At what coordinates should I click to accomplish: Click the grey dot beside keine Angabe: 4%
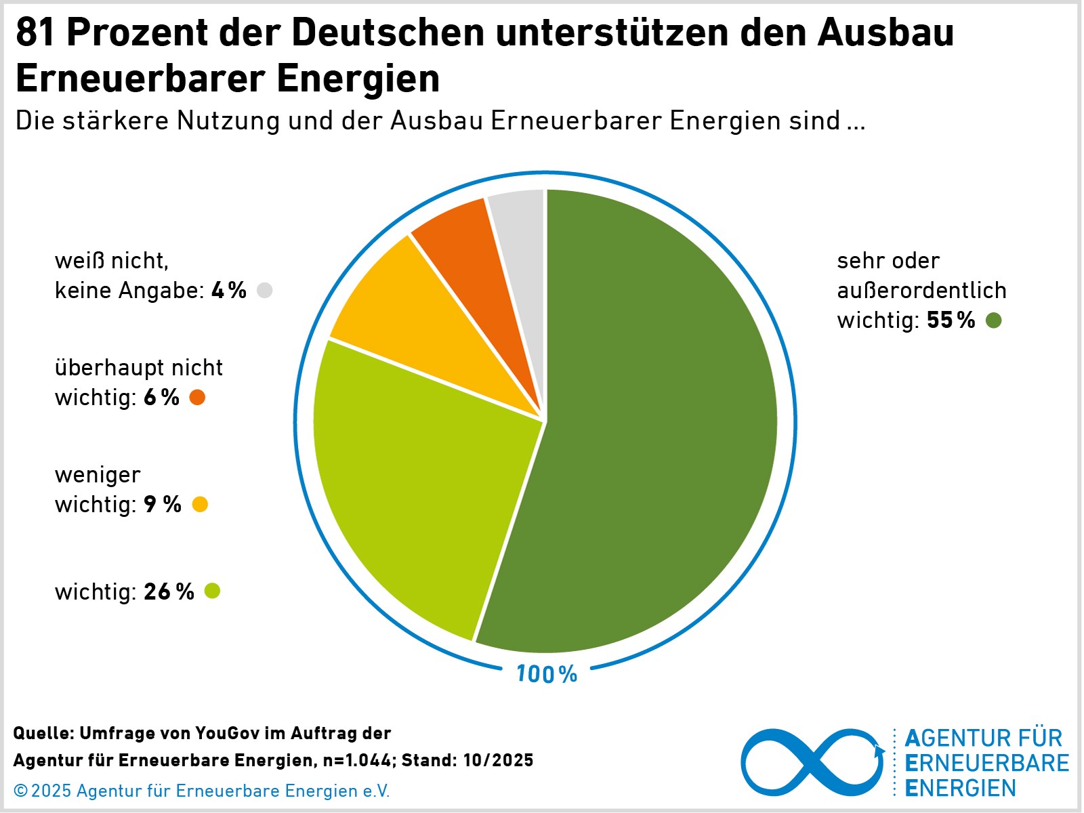(265, 291)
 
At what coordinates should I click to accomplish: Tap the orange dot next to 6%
(197, 398)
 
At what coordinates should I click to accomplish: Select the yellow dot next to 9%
(200, 505)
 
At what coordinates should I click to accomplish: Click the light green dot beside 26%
(212, 591)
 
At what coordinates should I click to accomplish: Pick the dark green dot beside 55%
(993, 320)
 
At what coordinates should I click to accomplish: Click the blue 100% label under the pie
(547, 674)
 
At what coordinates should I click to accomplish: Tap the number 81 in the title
(36, 33)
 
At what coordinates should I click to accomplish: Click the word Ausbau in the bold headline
(885, 33)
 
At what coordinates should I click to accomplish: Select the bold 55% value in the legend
(951, 320)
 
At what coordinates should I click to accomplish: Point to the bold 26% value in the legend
(169, 592)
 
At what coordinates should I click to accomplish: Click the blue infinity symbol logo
(812, 763)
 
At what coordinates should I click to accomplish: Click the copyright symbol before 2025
(20, 791)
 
